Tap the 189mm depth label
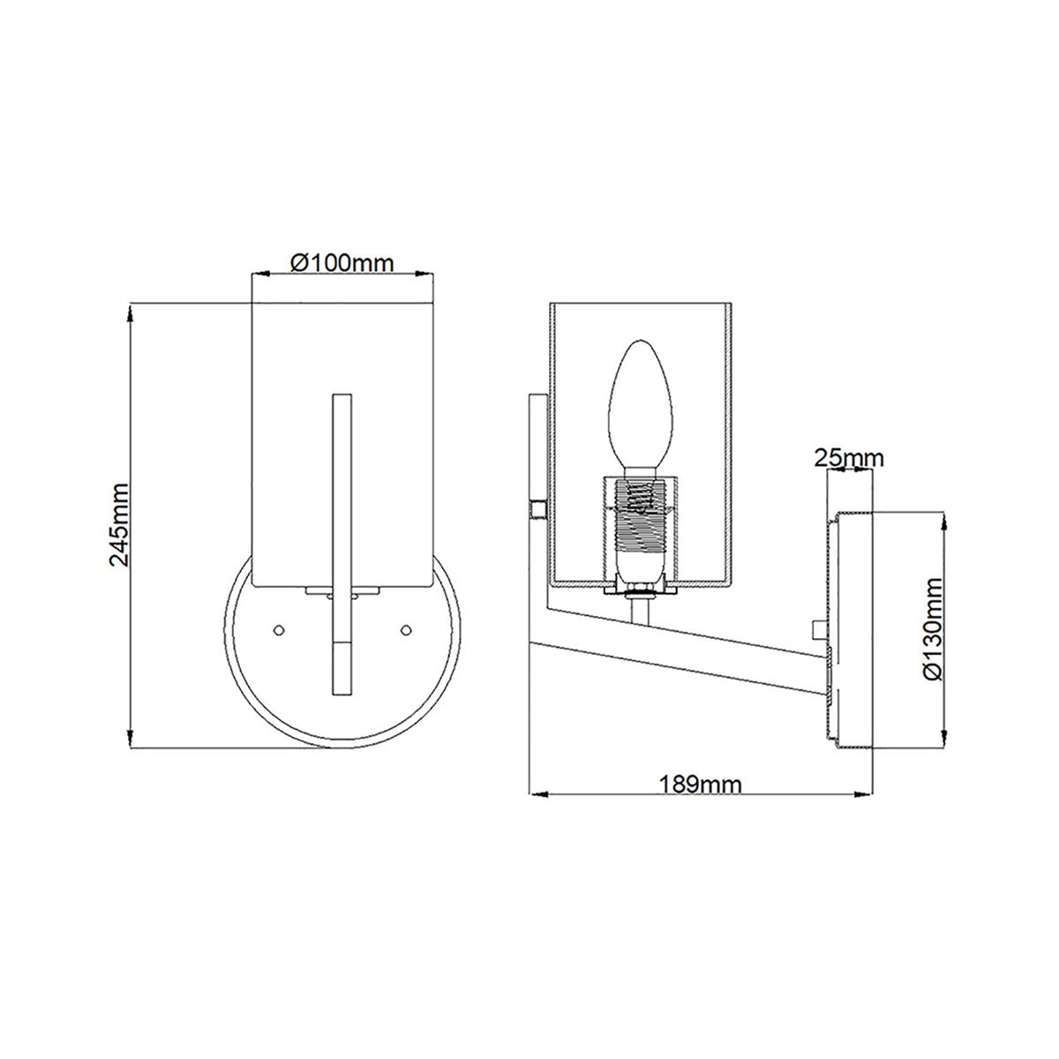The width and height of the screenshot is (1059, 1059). pos(701,784)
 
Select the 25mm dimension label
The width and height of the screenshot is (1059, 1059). pos(848,457)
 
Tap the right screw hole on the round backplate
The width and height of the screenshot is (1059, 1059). pos(407,629)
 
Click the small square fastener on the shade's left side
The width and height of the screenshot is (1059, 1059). pos(535,510)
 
